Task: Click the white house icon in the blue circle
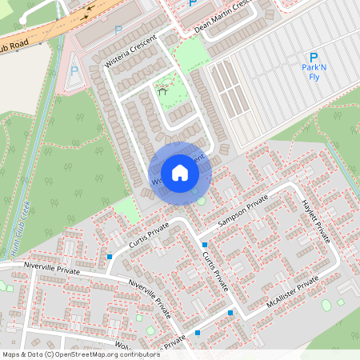click(180, 173)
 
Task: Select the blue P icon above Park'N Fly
click(314, 58)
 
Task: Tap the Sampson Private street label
click(244, 206)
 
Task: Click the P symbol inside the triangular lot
click(74, 70)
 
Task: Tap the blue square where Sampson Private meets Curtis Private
click(206, 245)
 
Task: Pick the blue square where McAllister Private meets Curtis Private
click(230, 313)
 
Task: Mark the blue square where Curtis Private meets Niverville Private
click(110, 256)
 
